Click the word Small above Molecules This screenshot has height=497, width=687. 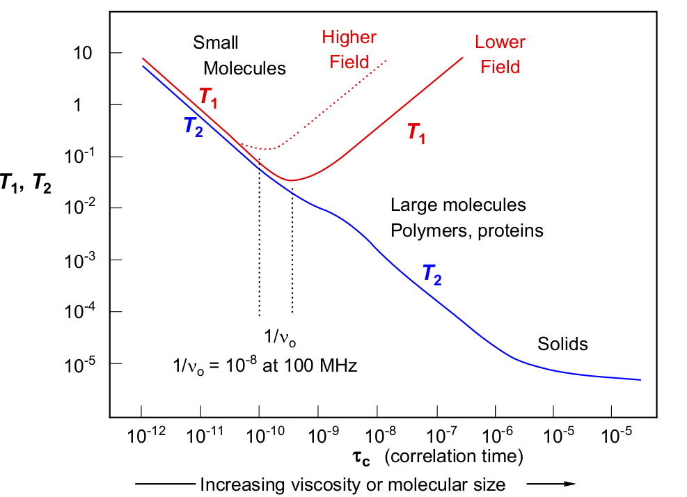216,42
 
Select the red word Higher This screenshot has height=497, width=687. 349,38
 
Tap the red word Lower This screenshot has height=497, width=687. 500,42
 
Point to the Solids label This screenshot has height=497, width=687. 562,344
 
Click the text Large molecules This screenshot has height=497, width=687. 458,205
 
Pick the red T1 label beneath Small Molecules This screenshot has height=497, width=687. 208,97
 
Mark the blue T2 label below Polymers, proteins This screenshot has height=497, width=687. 432,275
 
